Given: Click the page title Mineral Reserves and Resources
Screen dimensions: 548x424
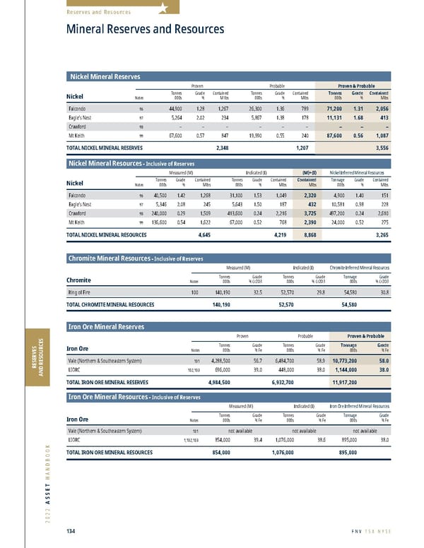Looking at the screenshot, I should (145, 29).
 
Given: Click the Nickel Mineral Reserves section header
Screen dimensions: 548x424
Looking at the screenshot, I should (103, 76).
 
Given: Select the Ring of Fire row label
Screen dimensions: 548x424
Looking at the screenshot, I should (83, 290).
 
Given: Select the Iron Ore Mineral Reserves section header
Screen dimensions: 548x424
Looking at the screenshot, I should (106, 326).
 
